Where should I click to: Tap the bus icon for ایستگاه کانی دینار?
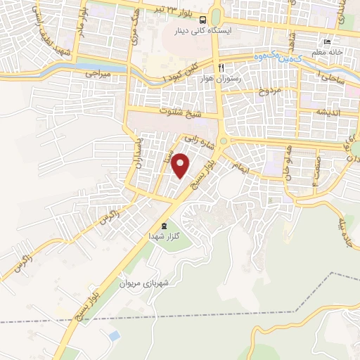pos(202,20)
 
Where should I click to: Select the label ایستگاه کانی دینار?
pos(202,31)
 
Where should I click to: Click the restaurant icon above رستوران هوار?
pos(220,67)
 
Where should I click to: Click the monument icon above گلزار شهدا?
pos(164,226)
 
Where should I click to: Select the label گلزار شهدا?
pos(164,237)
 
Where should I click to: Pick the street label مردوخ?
pos(271,91)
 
